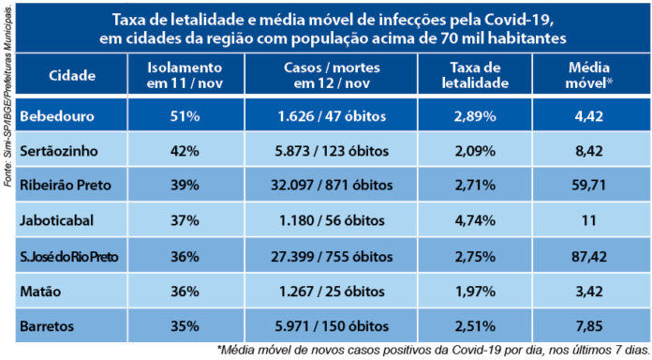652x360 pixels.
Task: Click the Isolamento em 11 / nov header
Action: [185, 75]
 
